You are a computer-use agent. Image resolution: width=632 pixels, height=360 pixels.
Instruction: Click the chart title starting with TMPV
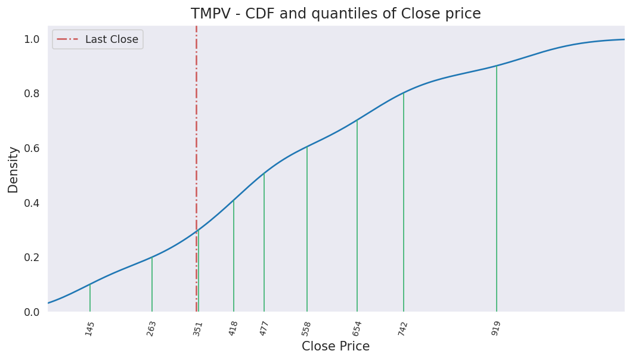tap(336, 14)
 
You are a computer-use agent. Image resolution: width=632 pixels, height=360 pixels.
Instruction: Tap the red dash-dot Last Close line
tap(196, 119)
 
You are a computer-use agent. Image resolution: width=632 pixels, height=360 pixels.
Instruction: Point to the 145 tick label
tap(90, 328)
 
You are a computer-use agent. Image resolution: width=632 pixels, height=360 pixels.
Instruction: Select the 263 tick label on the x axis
tap(151, 328)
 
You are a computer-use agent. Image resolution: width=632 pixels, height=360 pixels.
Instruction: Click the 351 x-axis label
tap(198, 328)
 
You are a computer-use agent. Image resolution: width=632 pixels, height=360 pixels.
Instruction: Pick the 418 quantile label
tap(233, 328)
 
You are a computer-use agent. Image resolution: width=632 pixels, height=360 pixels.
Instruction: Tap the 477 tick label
tap(264, 328)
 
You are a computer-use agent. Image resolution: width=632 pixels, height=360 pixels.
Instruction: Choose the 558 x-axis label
tap(306, 328)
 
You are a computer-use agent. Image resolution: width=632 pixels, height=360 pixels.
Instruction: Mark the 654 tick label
tap(357, 328)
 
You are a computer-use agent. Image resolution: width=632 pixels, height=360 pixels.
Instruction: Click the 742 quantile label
tap(403, 328)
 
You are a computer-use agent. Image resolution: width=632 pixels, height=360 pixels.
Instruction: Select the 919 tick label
tap(496, 328)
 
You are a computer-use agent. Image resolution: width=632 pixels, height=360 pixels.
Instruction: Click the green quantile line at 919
tap(497, 191)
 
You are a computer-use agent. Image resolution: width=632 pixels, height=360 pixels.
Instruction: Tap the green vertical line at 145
tap(90, 298)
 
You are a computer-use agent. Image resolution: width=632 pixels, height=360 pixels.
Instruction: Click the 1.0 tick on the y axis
tap(32, 39)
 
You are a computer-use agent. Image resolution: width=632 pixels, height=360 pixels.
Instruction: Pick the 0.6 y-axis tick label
tap(32, 148)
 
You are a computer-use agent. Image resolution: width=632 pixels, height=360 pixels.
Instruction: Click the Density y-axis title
tap(13, 169)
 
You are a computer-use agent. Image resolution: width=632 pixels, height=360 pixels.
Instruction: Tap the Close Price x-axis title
tap(336, 346)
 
